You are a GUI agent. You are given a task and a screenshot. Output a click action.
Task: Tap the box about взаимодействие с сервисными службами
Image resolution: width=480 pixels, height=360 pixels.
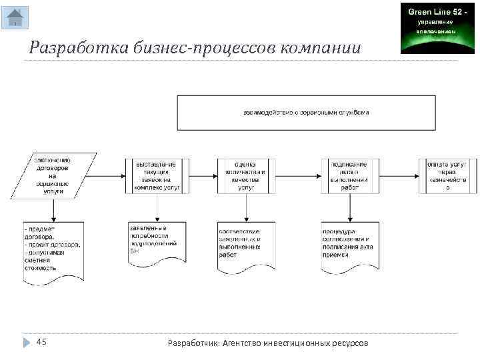pos(306,112)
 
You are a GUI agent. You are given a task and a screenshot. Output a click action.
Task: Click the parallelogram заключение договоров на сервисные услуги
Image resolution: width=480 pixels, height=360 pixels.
pos(54,176)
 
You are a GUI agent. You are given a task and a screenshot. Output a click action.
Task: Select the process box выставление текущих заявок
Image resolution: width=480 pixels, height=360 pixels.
pos(157,176)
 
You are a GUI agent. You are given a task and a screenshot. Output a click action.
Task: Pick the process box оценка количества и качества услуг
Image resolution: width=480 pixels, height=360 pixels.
pos(246,176)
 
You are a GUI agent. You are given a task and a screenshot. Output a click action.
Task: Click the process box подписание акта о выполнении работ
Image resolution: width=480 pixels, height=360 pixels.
pos(350,176)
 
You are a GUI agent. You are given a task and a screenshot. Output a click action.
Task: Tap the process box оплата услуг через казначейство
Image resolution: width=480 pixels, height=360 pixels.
pos(448,176)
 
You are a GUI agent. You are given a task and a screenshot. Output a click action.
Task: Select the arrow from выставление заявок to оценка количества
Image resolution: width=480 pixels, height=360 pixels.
pos(203,176)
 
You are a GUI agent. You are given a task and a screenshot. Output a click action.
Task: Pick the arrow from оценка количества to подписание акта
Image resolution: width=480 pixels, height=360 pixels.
pos(298,176)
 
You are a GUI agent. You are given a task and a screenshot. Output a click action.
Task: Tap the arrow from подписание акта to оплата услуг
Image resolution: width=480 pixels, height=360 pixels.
pos(399,176)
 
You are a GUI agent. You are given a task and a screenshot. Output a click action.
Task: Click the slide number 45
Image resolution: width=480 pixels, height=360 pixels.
pos(41,342)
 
